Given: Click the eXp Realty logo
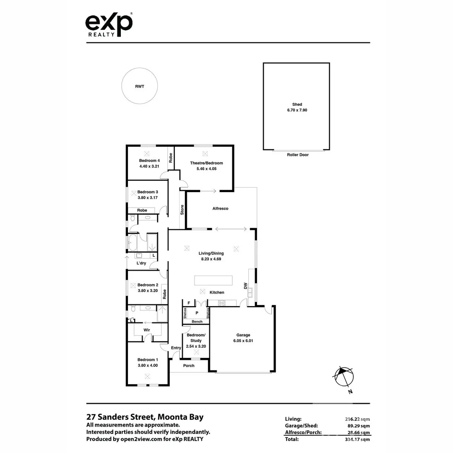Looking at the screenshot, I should tap(109, 25).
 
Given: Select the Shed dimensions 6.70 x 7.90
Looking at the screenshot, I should tap(297, 110).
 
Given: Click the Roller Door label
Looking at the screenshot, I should tap(297, 155).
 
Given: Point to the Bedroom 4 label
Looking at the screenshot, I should tap(149, 161).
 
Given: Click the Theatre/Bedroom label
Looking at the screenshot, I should tap(206, 163).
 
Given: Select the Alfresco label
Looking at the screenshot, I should tap(220, 208).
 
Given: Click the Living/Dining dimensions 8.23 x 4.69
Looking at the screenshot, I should tap(211, 259).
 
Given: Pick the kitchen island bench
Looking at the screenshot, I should tap(213, 280).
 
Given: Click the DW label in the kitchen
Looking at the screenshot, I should tap(245, 286).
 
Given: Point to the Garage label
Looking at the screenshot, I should tap(243, 335).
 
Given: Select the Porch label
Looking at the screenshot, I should tap(189, 365).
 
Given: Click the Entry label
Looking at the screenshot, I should tap(176, 348).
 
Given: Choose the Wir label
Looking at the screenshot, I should tap(147, 330).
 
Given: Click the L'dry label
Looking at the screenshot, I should tap(141, 263).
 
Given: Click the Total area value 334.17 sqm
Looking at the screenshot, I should tap(356, 439).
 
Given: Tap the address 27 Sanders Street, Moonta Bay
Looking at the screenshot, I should tap(145, 417).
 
